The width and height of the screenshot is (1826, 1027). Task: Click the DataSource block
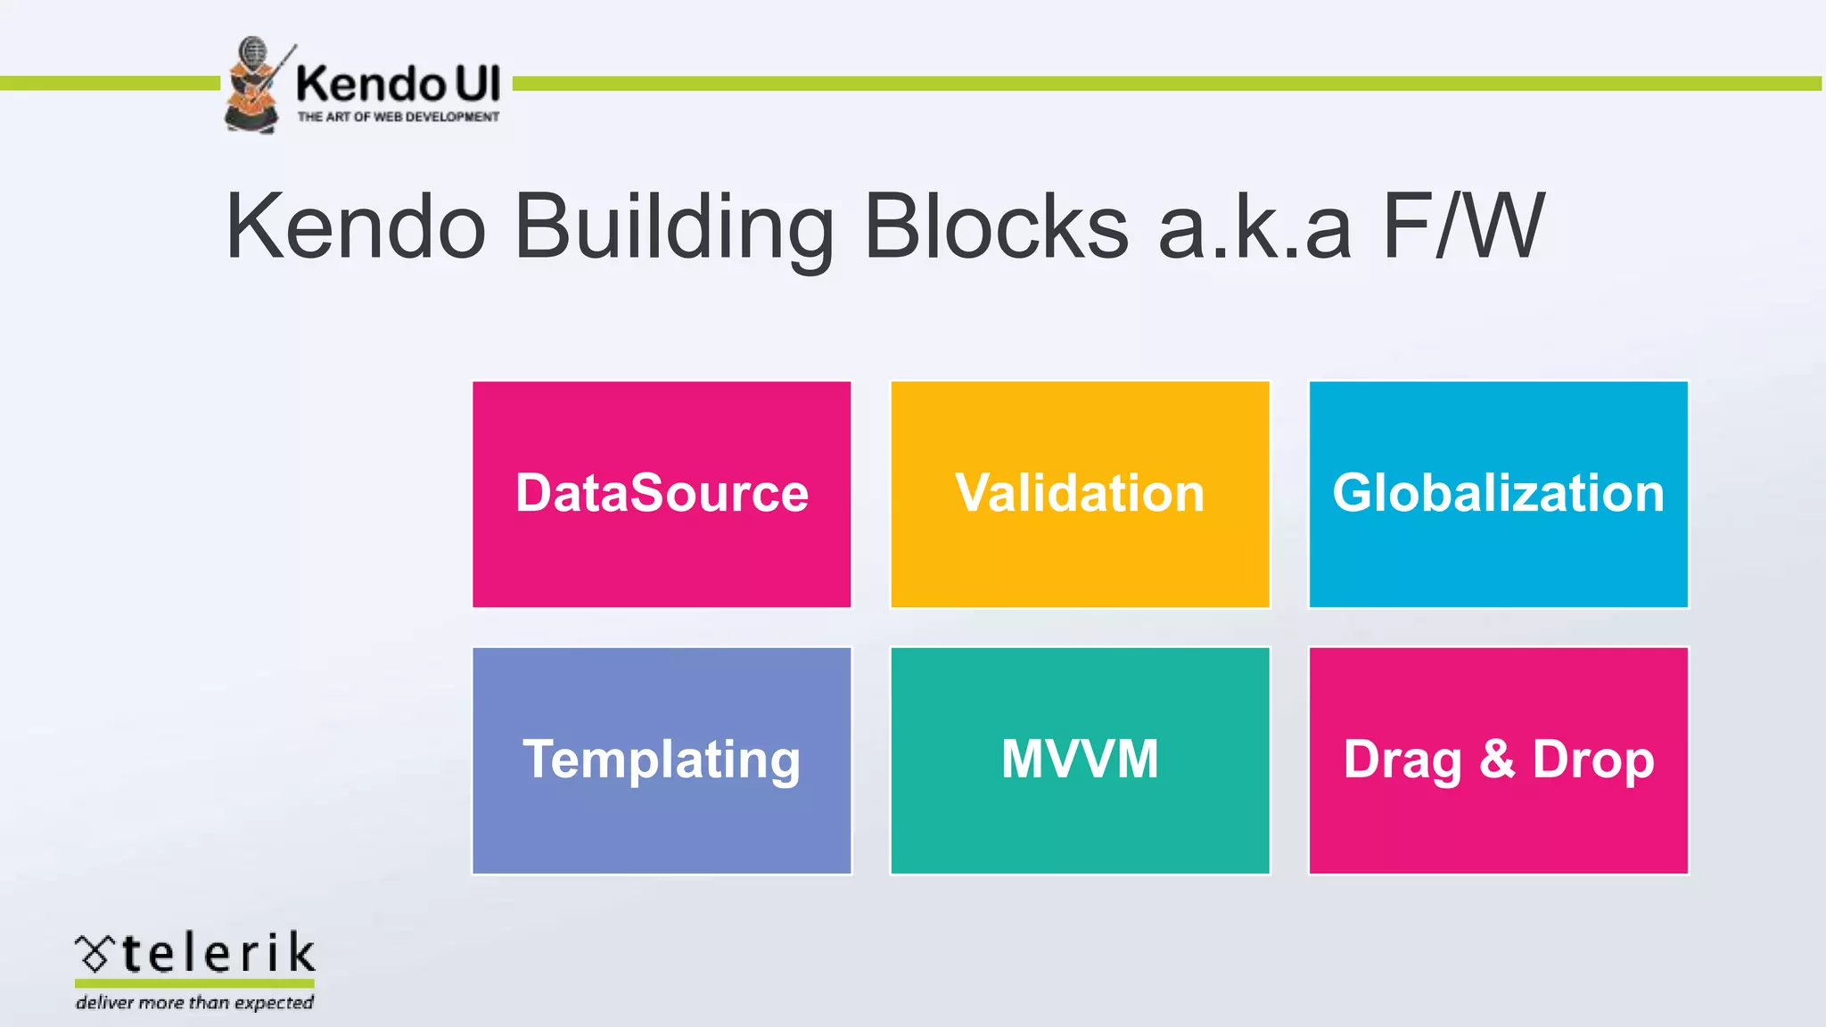tap(662, 495)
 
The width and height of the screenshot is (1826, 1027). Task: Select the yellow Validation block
tap(1080, 495)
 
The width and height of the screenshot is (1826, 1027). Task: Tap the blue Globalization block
tap(1498, 495)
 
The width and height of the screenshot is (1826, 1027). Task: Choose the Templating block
tap(662, 760)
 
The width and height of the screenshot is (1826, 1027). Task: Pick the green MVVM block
tap(1080, 760)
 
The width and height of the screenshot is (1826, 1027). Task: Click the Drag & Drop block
tap(1498, 760)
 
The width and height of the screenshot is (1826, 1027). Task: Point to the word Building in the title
tap(675, 227)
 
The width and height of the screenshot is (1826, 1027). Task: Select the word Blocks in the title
tap(997, 227)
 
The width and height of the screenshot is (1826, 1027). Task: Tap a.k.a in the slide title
tap(1254, 229)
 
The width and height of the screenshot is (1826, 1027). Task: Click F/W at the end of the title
tap(1463, 227)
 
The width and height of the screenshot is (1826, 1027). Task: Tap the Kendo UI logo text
tap(398, 84)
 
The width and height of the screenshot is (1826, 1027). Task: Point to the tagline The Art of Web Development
tap(398, 117)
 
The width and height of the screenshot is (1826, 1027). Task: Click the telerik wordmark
tap(218, 953)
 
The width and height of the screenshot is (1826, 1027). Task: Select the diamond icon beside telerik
tap(95, 954)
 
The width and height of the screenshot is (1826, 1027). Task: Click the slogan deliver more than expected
tap(194, 1003)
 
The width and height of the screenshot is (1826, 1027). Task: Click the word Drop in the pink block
tap(1593, 760)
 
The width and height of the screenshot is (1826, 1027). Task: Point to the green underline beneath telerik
tap(194, 983)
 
